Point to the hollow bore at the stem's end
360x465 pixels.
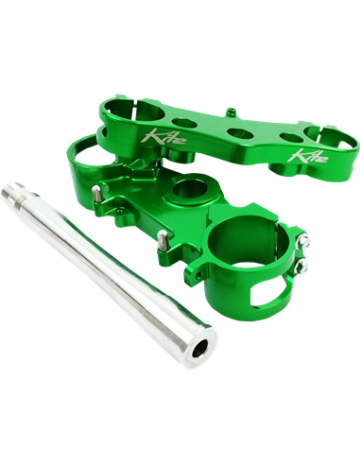click(x=201, y=348)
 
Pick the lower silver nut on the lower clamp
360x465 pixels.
click(x=301, y=267)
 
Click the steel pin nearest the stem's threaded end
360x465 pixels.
click(x=96, y=193)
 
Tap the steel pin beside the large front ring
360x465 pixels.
click(x=163, y=238)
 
